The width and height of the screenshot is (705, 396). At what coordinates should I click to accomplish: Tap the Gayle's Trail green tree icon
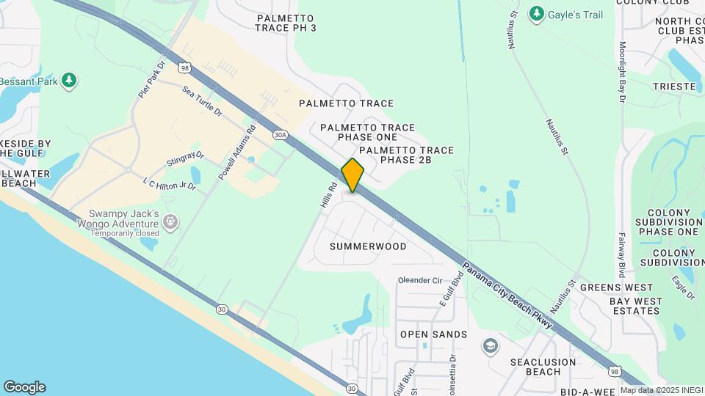tap(537, 13)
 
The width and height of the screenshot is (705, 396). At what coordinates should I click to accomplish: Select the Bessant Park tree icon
tap(69, 80)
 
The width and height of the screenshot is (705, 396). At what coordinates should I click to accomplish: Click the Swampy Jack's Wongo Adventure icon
tap(170, 221)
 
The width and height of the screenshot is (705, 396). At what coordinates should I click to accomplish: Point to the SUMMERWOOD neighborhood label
tap(368, 246)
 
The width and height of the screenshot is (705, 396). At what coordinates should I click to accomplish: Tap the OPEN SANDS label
tap(433, 334)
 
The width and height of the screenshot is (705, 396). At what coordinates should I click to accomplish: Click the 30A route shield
tap(279, 135)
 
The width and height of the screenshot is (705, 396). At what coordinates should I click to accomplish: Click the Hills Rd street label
tap(328, 198)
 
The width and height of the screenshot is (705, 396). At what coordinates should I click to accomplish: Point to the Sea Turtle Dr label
tap(202, 99)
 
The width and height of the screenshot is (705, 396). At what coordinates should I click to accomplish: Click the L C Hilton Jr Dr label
tap(169, 183)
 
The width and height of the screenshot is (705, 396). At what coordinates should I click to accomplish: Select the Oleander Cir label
tap(420, 280)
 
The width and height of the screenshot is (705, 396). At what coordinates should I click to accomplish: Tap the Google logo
tap(24, 386)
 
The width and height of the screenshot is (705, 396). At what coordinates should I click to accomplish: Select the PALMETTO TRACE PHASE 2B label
tap(406, 155)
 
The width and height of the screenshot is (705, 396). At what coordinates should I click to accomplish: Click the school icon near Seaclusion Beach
tap(490, 345)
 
